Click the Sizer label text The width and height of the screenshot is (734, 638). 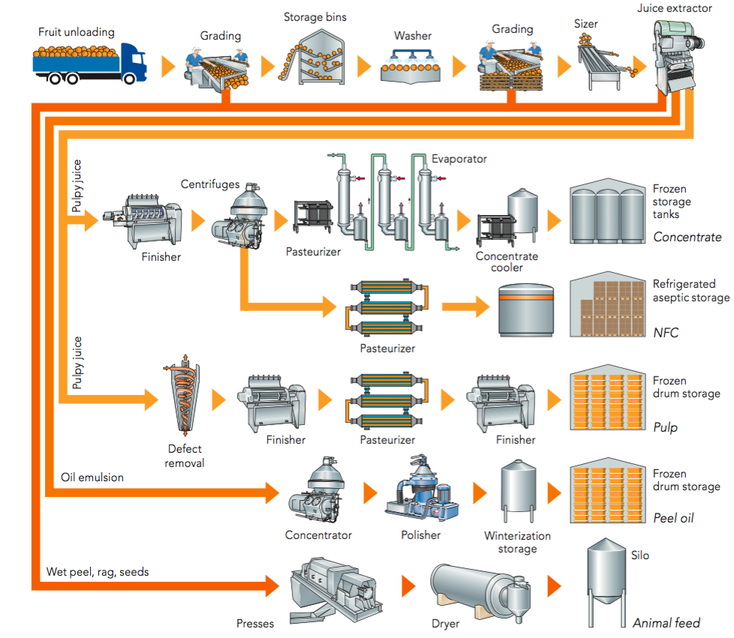coord(586,24)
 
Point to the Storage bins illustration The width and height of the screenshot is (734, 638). coord(315,57)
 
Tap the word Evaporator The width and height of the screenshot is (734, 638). coord(459,159)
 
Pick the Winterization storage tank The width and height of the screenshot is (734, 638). coord(518,491)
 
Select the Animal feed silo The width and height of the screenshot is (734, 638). coord(604,581)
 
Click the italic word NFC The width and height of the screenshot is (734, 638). coord(666,331)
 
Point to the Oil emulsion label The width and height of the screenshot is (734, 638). coord(92,477)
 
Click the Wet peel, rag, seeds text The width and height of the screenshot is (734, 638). coord(98,572)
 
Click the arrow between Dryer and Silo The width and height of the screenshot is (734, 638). coord(554,585)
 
